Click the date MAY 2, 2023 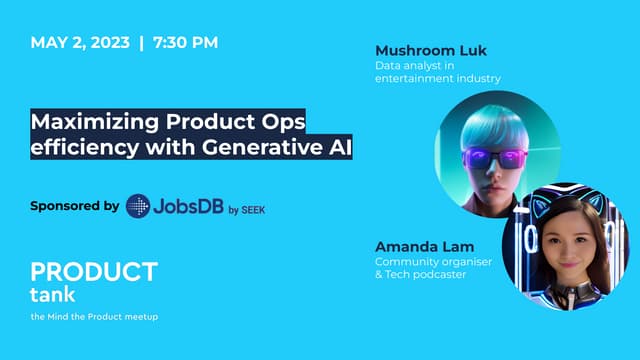point(79,43)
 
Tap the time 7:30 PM point(184,43)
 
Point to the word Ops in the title point(280,122)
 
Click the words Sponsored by point(75,206)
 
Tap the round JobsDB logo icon point(138,207)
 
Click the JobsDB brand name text point(187,207)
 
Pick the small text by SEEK point(247,209)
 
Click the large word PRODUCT point(94,272)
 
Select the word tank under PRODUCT point(53,294)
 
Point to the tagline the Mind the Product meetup point(94,317)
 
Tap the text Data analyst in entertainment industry point(437,72)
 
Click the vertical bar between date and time point(141,43)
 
